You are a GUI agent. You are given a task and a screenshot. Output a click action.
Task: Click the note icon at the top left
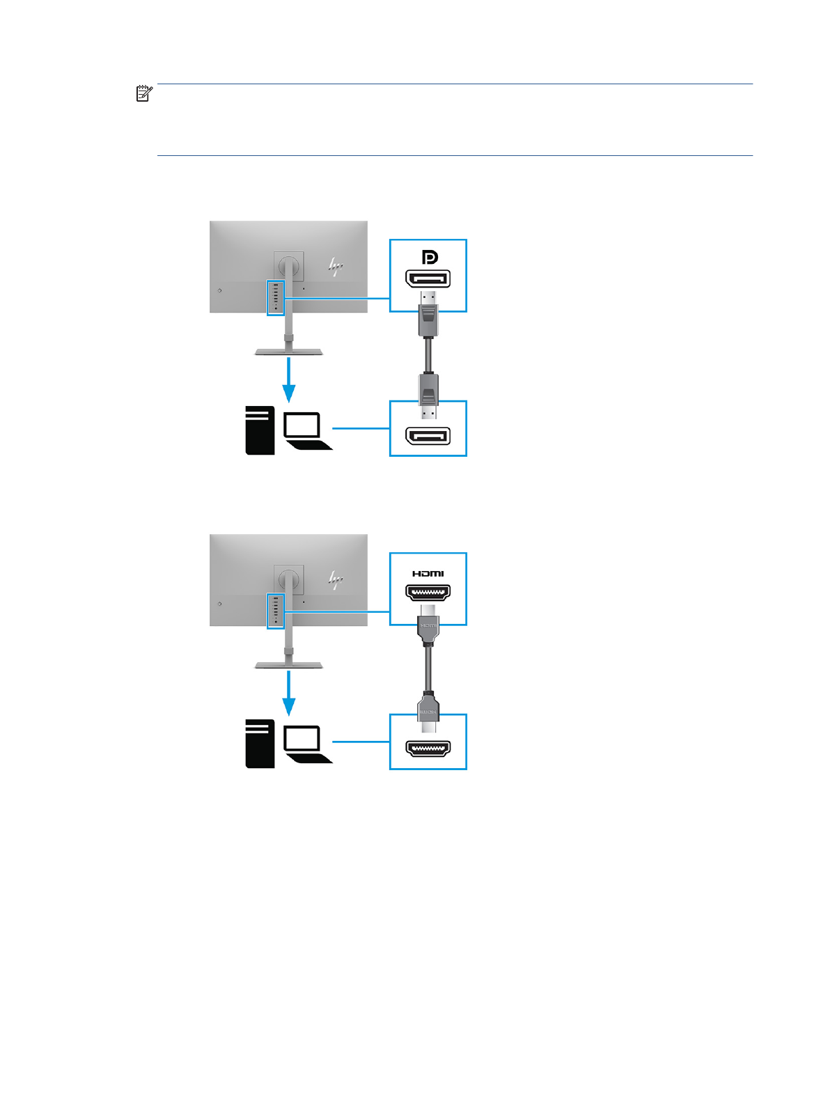click(143, 93)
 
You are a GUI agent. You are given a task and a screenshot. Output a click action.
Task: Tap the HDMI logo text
click(428, 573)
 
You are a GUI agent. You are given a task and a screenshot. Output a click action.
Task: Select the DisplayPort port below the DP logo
click(428, 279)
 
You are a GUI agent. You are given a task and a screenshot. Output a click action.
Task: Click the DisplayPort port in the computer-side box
click(428, 437)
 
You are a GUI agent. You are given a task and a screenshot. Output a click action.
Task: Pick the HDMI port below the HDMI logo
click(428, 593)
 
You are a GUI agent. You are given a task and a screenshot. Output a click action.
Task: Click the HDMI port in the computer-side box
click(428, 749)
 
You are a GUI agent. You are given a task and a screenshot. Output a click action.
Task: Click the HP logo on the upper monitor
click(336, 266)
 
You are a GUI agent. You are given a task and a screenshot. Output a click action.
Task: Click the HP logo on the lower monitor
click(336, 579)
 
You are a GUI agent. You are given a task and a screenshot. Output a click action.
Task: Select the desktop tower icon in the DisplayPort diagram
click(260, 431)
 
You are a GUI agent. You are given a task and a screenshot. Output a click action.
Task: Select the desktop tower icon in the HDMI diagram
click(260, 744)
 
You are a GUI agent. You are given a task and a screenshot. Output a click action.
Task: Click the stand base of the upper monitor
click(288, 352)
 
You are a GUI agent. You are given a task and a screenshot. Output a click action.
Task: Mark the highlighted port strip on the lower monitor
click(275, 611)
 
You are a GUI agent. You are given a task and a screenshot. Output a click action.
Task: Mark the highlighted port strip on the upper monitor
click(275, 297)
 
